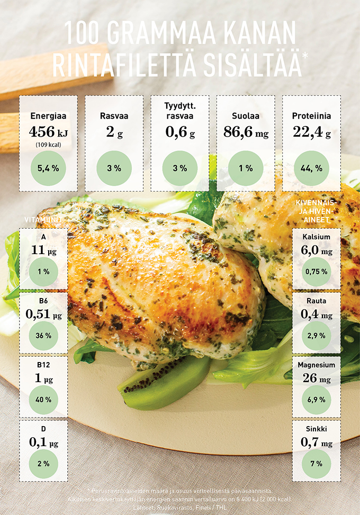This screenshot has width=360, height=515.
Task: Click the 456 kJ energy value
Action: [48, 131]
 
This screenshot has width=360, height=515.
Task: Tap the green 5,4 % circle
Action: [48, 168]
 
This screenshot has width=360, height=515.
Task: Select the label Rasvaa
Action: [114, 115]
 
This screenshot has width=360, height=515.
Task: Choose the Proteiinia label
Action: [311, 115]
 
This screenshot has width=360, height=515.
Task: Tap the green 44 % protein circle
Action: [311, 168]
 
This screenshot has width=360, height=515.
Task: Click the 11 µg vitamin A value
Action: [43, 250]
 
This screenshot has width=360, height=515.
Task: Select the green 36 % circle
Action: [43, 336]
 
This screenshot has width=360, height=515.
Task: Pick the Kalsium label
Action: [316, 237]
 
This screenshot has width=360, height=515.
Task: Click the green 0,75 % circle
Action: [316, 272]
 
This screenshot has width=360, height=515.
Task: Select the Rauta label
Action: [316, 301]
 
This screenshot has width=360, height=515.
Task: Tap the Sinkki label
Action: [316, 429]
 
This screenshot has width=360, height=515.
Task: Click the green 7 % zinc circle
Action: [316, 464]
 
